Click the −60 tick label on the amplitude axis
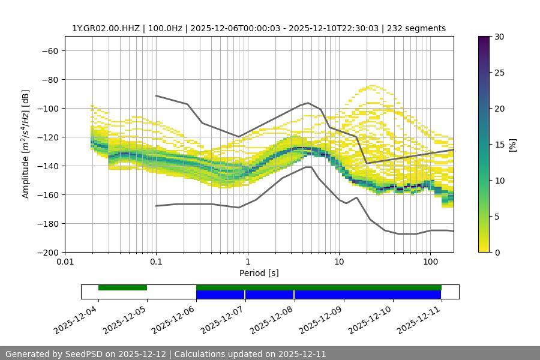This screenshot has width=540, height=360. [50, 51]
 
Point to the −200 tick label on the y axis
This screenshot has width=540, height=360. [47, 253]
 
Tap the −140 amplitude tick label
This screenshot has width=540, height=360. [47, 166]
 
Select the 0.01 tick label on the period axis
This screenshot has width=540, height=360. [65, 262]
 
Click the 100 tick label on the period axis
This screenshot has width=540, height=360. [430, 262]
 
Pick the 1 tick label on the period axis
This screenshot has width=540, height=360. [247, 262]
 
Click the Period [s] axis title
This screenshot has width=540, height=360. [259, 273]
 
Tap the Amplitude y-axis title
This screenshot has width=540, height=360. [26, 144]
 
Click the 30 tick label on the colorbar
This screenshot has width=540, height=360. [499, 37]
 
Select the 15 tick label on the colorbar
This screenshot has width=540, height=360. [499, 145]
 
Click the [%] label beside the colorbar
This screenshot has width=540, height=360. [512, 145]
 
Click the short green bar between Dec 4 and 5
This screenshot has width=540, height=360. [122, 287]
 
